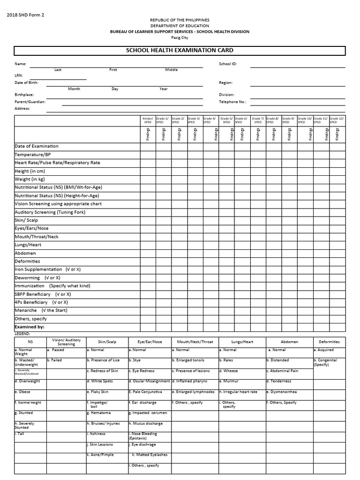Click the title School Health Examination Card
point(180,51)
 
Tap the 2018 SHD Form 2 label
point(25,15)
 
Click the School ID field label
point(228,64)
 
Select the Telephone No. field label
point(232,101)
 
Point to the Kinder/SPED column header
point(148,120)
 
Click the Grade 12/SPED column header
point(337,120)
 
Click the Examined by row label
point(30,327)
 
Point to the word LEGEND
point(22,333)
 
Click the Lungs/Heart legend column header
point(242,342)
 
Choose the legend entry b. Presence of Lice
point(103,360)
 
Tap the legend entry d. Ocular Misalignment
point(149,381)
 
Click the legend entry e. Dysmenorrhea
point(282,392)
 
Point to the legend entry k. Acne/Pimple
point(101,455)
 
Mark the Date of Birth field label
point(27,82)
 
